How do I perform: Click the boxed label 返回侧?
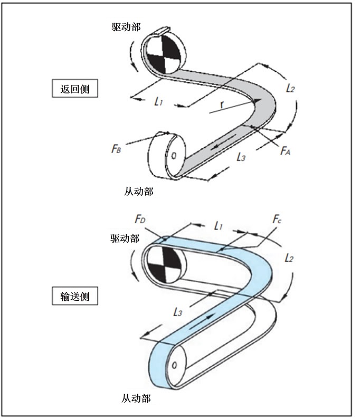point(75,89)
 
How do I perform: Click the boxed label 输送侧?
point(74,296)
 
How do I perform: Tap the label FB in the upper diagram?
point(117,149)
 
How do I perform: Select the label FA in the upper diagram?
point(285,151)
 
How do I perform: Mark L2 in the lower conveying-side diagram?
point(289,259)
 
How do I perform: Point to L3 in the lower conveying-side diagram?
point(178,312)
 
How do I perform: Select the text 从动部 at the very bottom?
point(136,398)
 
